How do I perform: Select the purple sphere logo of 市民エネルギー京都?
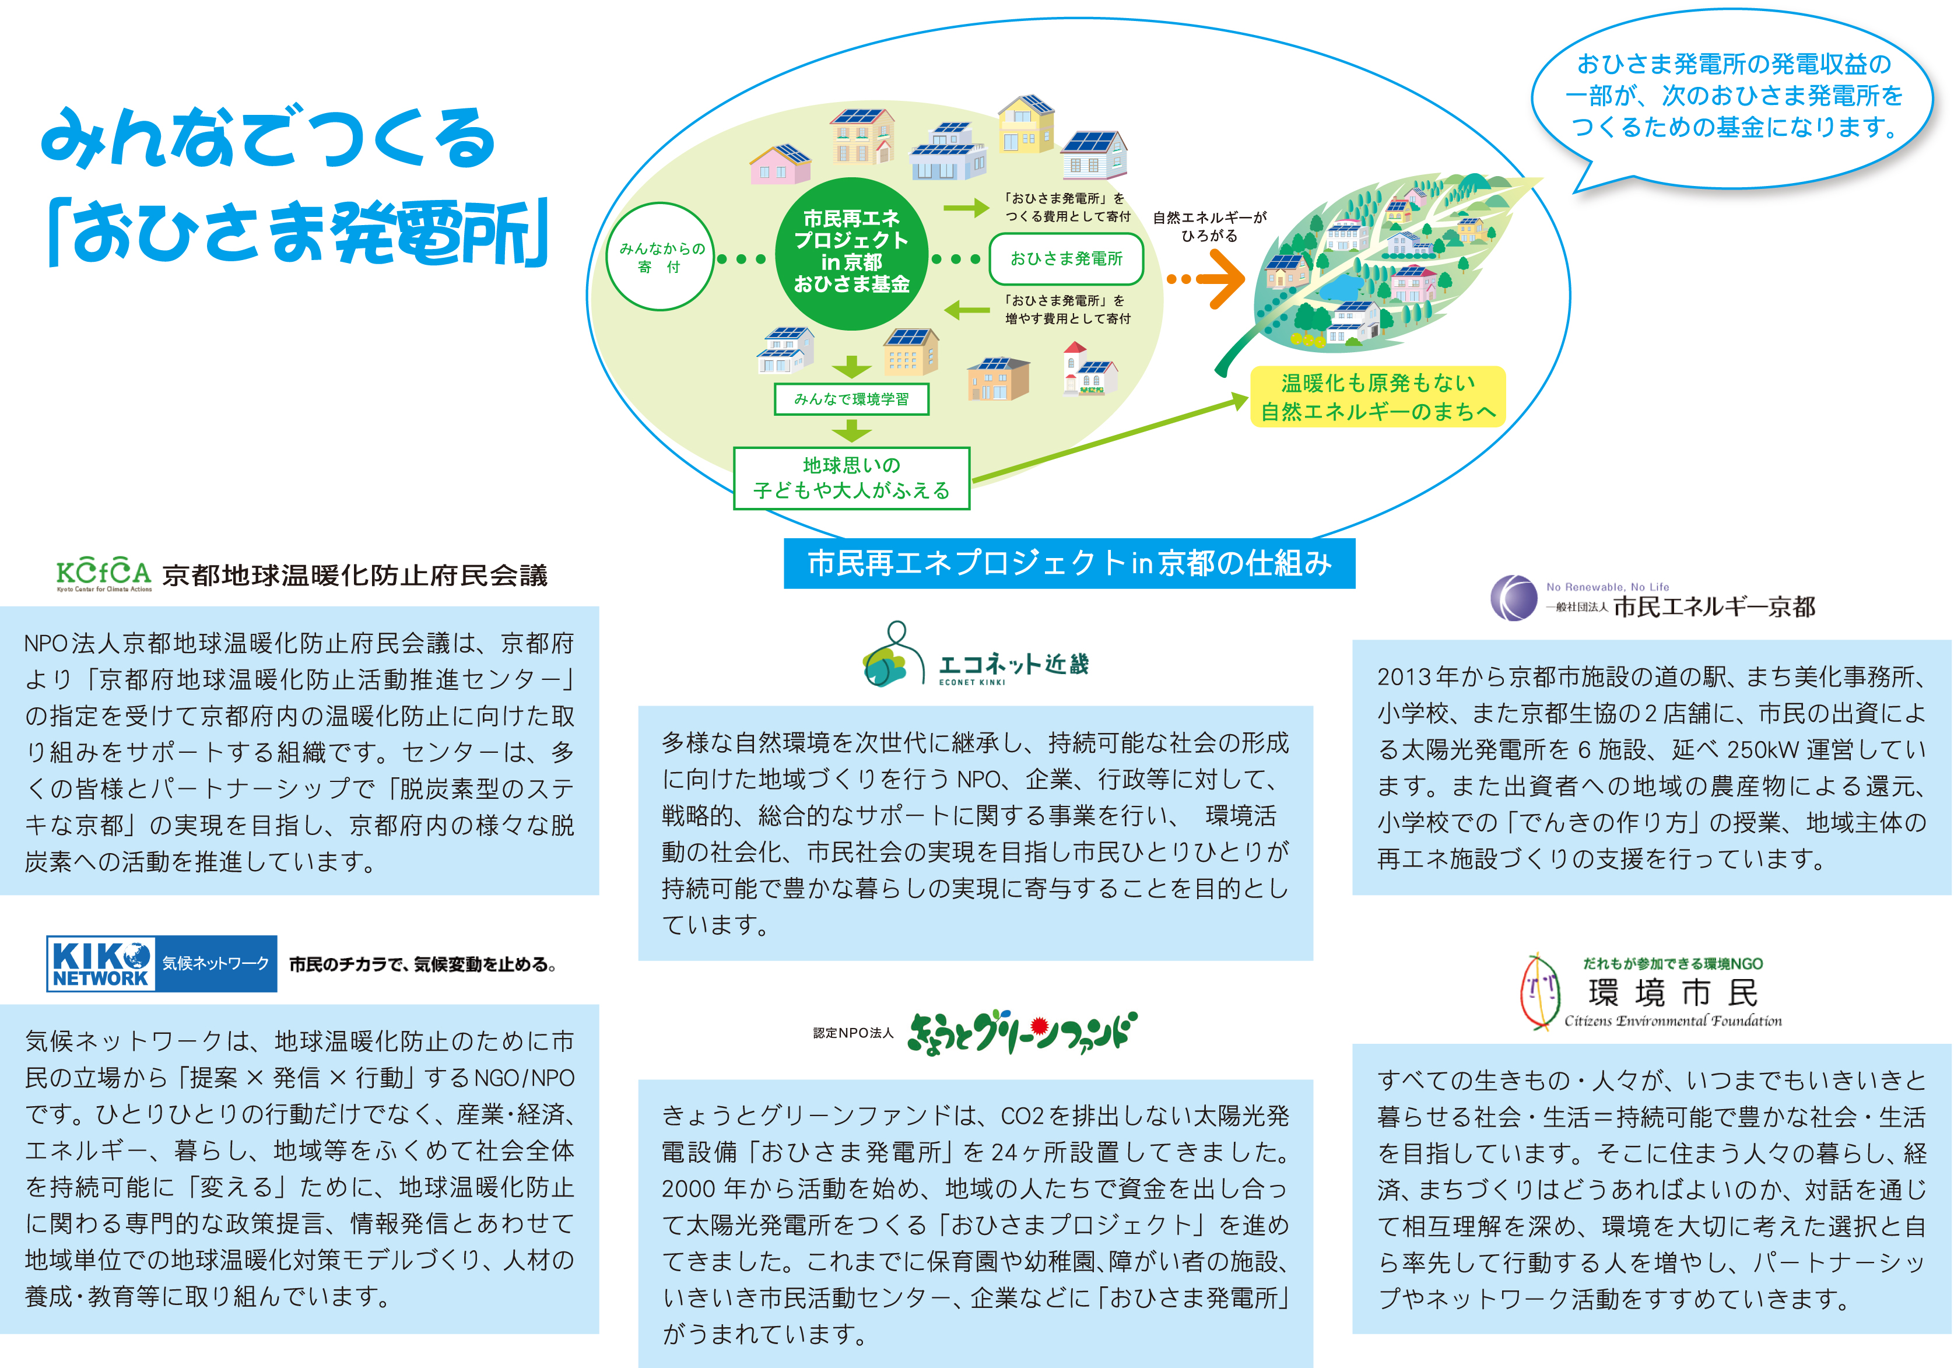[1513, 598]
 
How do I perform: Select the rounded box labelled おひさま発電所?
[1065, 259]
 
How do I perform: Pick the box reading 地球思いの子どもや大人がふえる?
[851, 478]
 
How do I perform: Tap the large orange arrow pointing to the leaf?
[1219, 278]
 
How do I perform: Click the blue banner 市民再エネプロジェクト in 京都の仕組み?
[1069, 563]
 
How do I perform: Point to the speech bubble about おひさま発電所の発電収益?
[1732, 96]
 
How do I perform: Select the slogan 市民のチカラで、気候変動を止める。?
[423, 964]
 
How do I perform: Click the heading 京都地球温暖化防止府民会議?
[355, 576]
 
